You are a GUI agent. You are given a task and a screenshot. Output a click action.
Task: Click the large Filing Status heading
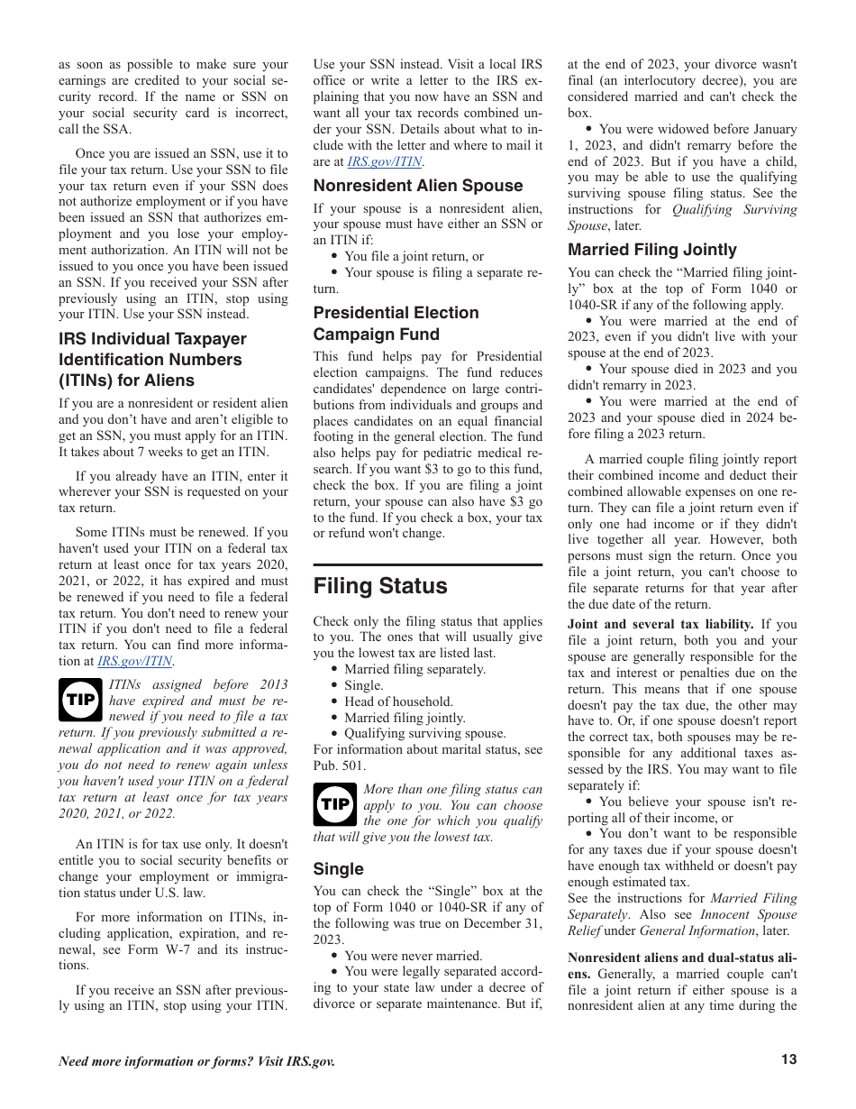click(380, 586)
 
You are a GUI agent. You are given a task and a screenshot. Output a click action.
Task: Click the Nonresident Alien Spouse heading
click(418, 186)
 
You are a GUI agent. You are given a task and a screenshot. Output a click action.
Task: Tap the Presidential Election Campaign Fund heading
click(396, 324)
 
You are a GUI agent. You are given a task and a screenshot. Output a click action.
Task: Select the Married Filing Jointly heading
click(652, 250)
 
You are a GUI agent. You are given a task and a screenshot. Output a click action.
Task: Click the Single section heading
click(339, 869)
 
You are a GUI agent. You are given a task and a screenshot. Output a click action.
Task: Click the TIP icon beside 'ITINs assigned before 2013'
click(80, 700)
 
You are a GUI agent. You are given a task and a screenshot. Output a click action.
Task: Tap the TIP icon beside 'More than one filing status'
click(335, 804)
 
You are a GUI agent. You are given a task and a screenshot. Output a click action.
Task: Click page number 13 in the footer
click(788, 1060)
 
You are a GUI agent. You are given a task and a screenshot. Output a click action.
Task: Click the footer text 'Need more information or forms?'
click(196, 1061)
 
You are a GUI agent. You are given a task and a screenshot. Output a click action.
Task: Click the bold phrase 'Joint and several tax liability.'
click(660, 624)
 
